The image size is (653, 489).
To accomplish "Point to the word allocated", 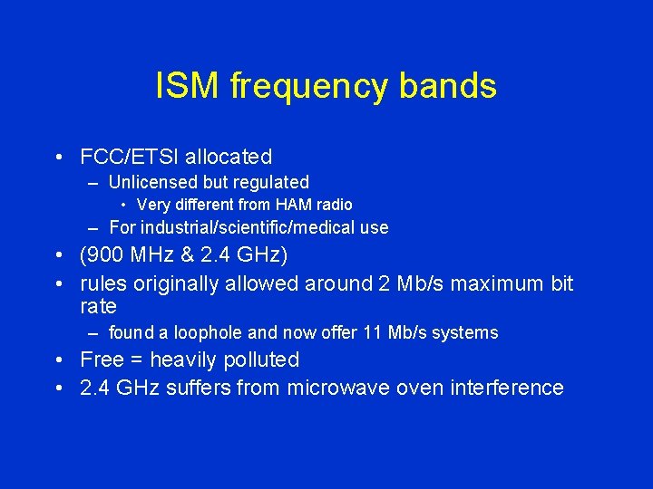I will coord(227,157).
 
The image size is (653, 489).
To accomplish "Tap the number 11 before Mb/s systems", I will coord(371,332).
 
